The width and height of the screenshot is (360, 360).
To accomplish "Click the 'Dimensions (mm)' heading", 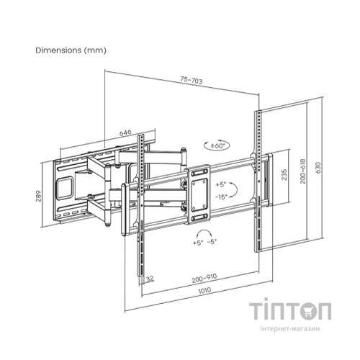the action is (71, 50).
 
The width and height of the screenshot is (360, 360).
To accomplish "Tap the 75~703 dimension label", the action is (192, 80).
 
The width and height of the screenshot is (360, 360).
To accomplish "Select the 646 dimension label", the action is (125, 132).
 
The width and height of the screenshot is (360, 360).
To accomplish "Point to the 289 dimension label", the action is (38, 196).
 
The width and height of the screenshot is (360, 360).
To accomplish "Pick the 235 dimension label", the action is (284, 175).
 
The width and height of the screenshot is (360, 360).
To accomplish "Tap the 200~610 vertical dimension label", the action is (303, 171).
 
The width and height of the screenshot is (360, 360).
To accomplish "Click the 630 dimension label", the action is (318, 168).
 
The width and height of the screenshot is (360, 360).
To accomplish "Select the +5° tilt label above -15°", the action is (221, 184).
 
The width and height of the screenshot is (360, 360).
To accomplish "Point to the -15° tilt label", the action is (221, 197).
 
